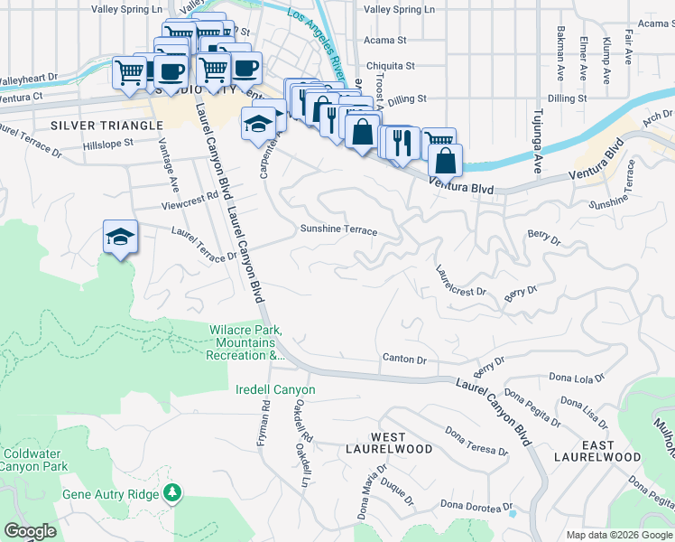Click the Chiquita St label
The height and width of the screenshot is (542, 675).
[x=389, y=66]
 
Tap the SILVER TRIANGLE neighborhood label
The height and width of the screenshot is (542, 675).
[x=92, y=125]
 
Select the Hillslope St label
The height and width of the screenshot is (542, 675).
[x=107, y=143]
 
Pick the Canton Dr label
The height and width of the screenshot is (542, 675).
[x=403, y=359]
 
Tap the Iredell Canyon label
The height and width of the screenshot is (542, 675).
[x=275, y=389]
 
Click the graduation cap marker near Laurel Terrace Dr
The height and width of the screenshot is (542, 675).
[x=120, y=237]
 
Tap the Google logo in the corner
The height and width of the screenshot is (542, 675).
[x=31, y=531]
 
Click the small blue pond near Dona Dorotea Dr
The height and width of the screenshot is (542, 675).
[x=513, y=513]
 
